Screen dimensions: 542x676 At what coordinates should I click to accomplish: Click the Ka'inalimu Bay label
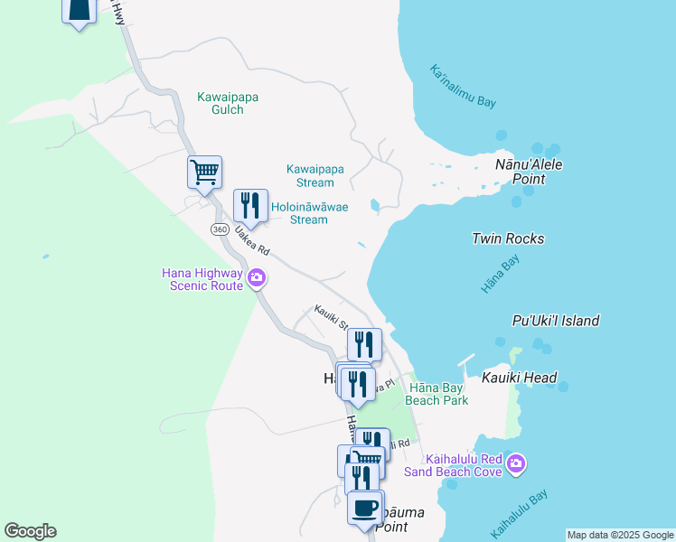(463, 87)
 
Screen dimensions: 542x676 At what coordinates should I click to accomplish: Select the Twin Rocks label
(508, 238)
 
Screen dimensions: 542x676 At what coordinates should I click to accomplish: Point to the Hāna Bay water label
(500, 274)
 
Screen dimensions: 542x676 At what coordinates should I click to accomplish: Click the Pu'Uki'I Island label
(555, 321)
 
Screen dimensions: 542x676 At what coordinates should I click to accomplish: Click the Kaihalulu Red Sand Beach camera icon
(516, 464)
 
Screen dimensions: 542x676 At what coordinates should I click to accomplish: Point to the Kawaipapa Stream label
(315, 175)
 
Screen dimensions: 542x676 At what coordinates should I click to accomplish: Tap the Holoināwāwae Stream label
(309, 213)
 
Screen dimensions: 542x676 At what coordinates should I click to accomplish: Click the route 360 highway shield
(220, 229)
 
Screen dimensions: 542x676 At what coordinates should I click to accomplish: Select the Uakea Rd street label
(252, 239)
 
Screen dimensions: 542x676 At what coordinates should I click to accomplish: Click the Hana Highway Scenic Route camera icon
(257, 278)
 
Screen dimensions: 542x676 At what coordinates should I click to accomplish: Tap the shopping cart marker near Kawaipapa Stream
(205, 172)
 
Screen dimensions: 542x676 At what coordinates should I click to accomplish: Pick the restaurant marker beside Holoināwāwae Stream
(250, 205)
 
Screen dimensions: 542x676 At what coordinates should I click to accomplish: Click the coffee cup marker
(365, 508)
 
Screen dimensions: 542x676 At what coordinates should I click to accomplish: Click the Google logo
(30, 531)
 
